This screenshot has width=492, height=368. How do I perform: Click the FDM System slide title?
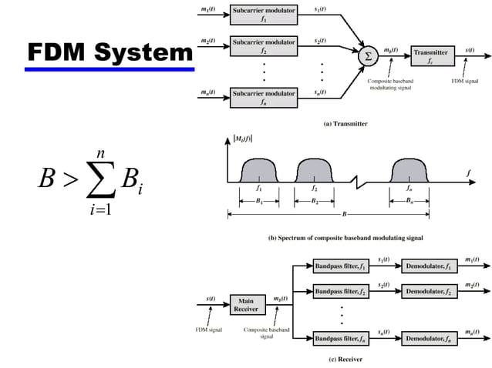pos(109,52)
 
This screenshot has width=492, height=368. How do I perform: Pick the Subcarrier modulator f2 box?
pos(264,45)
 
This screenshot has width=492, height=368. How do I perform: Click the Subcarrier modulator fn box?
pos(264,97)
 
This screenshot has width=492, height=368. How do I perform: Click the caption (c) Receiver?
pos(339,359)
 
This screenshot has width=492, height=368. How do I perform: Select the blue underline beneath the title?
pos(109,70)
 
